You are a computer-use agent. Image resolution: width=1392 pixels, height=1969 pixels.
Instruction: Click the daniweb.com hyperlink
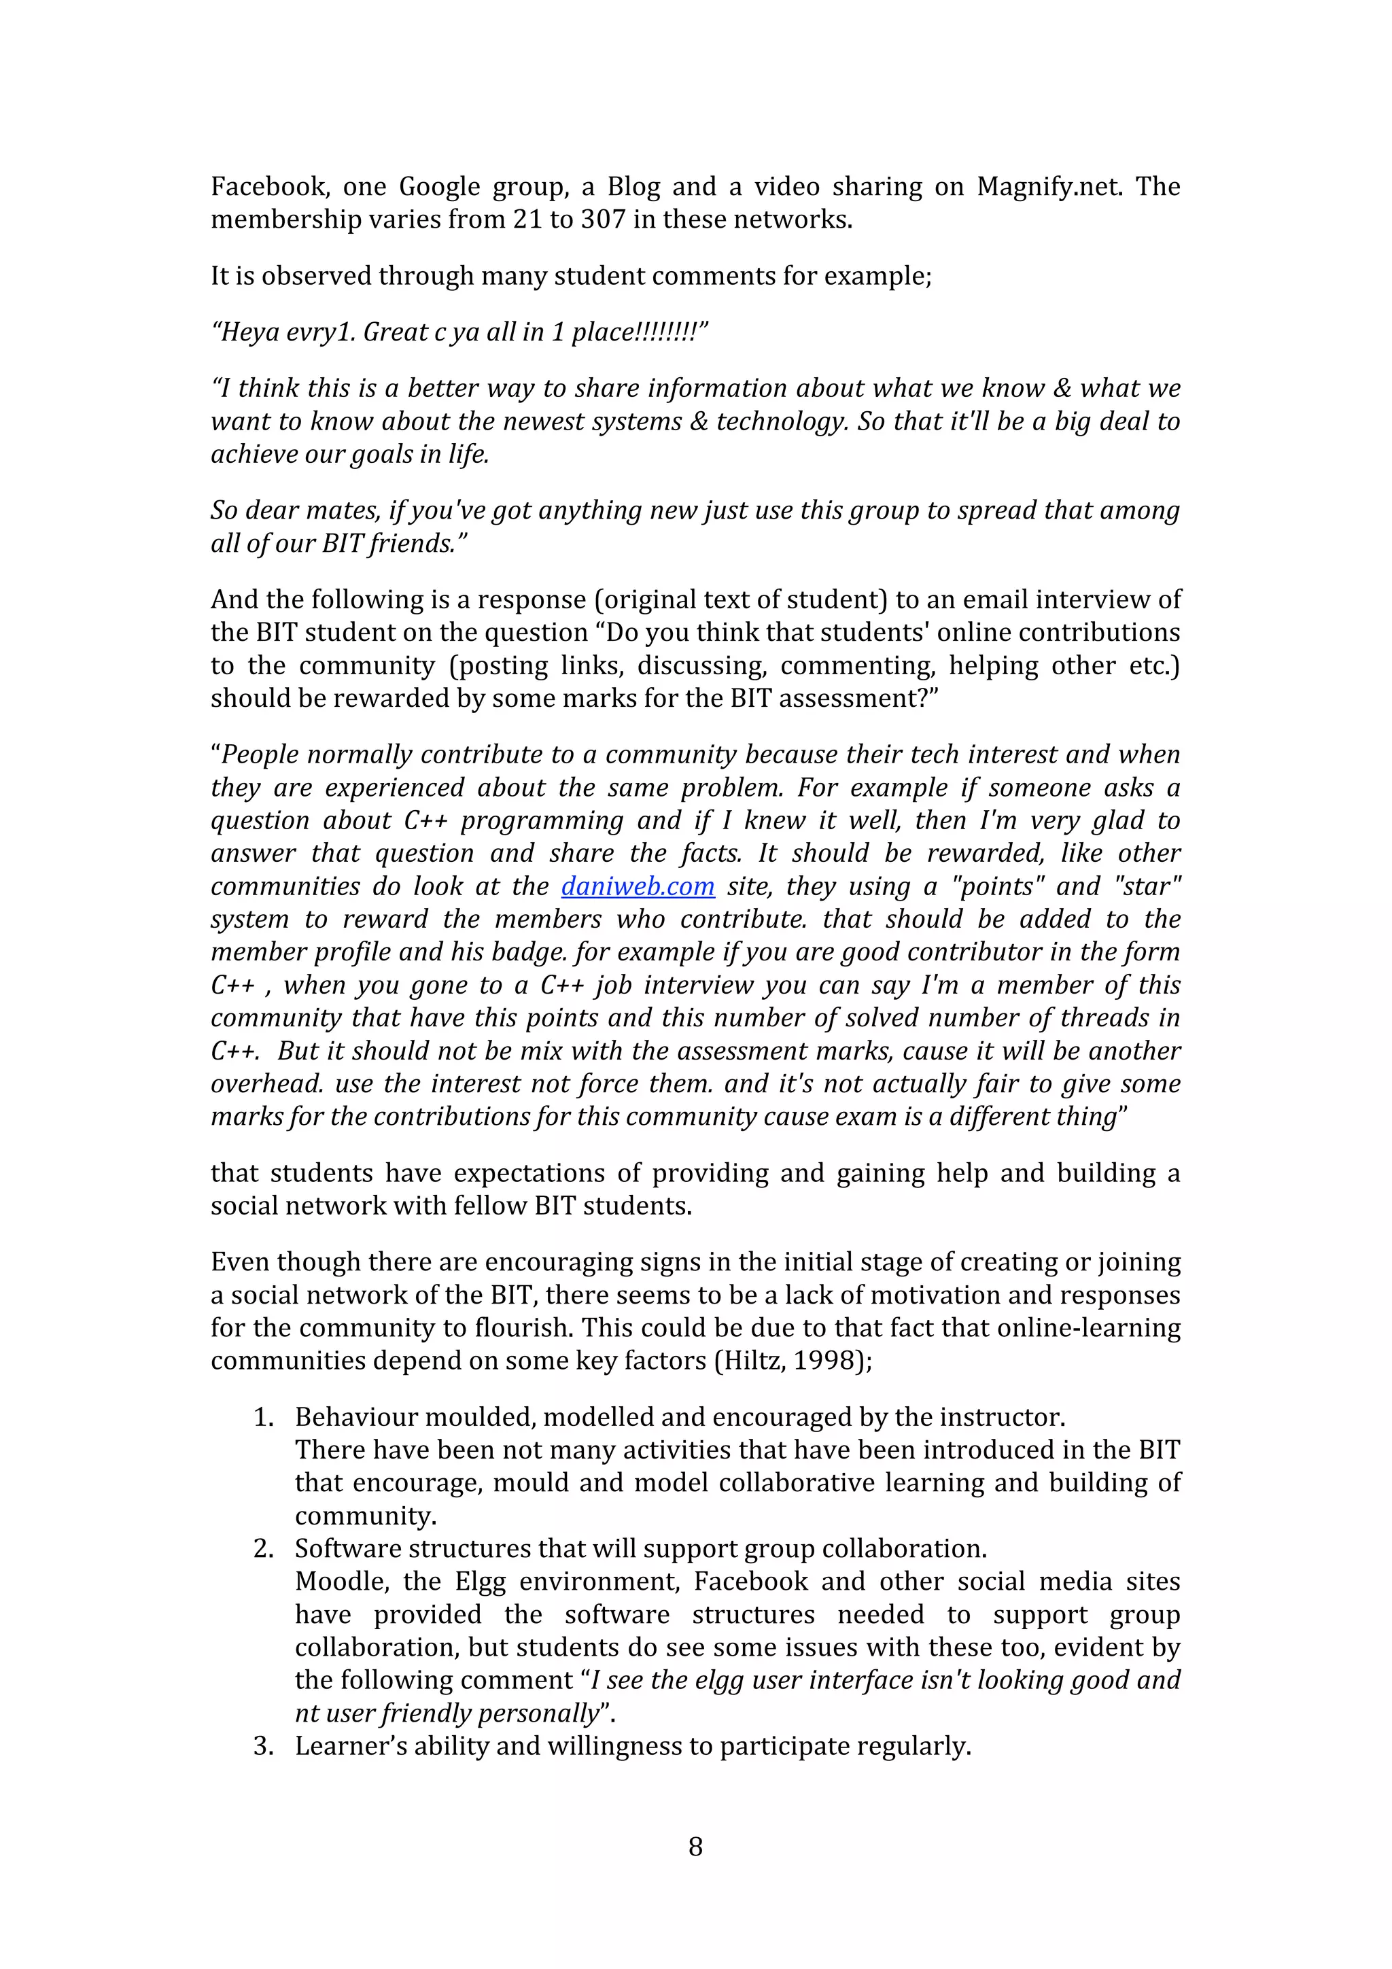638,886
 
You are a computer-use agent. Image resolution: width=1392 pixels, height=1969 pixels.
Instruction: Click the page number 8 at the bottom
695,1847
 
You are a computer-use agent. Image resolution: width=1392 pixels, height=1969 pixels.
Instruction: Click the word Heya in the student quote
245,332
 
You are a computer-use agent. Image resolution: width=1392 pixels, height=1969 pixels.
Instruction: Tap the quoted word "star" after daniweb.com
1147,886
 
